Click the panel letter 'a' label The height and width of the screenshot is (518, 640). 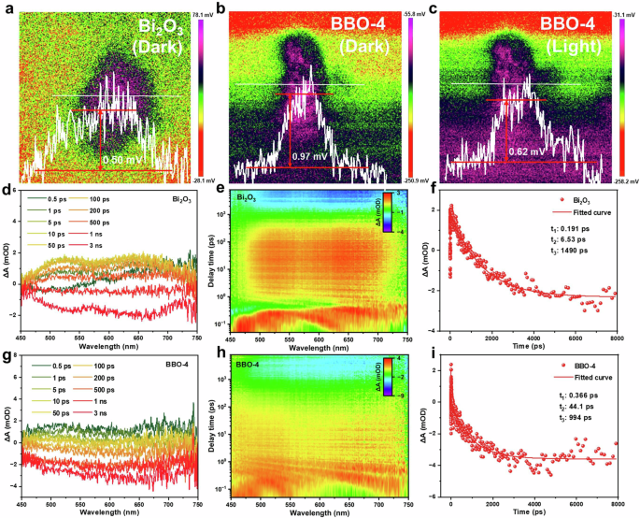tap(7, 8)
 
